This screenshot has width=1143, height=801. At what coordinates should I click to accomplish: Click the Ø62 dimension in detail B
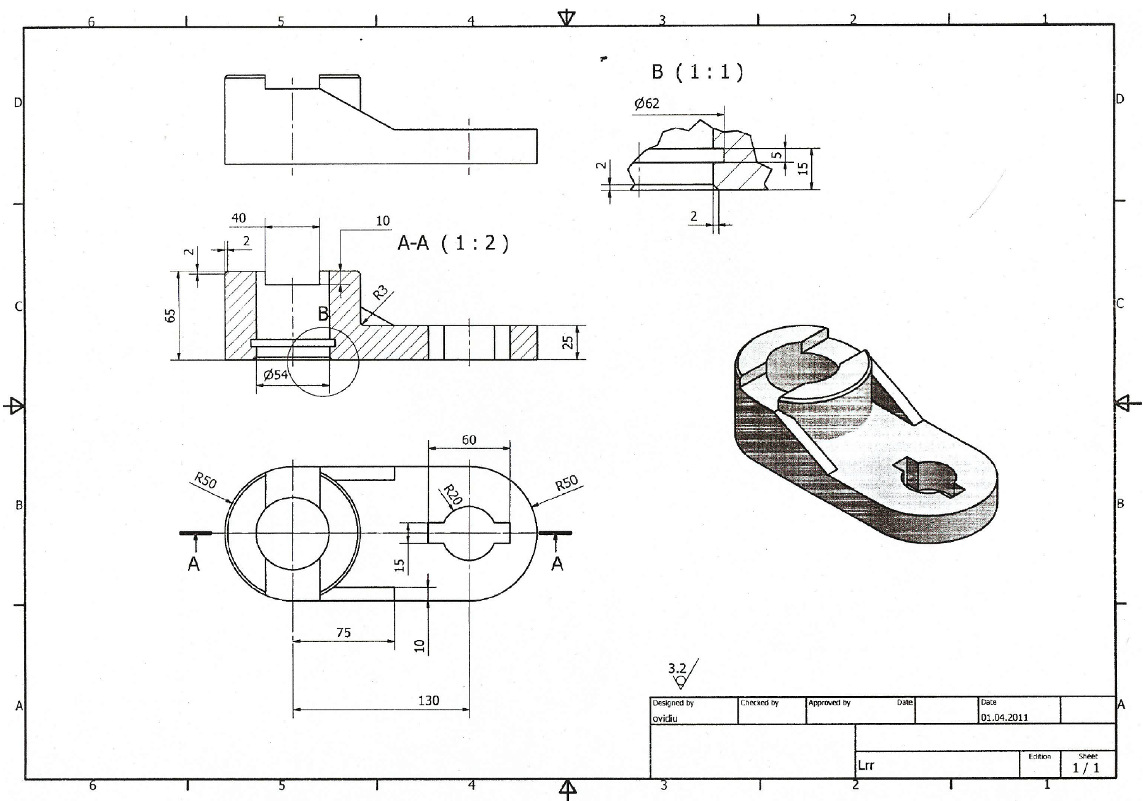pos(646,103)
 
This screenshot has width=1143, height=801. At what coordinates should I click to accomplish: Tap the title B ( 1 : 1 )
pos(697,72)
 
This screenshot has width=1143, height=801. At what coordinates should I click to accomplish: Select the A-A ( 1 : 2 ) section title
pos(454,244)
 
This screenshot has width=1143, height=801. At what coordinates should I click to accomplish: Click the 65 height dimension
pos(171,315)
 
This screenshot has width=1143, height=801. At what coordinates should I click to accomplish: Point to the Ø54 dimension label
pos(276,375)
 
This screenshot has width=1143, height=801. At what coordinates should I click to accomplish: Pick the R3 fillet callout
pos(381,292)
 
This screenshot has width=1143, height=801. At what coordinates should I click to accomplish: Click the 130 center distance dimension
pos(428,700)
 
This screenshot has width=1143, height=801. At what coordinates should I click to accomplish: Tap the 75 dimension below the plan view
pos(344,632)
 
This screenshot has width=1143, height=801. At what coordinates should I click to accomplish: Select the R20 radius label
pos(452,495)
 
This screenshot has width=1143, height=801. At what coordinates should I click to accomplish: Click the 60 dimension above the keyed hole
pos(469,440)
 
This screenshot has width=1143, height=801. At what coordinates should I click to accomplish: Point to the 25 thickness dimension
pos(568,342)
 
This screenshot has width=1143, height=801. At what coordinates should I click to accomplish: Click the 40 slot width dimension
pos(238,218)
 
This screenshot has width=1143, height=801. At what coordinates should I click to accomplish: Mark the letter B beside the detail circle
pos(323,315)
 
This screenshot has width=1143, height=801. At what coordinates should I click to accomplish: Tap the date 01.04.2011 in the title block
pos(1004,717)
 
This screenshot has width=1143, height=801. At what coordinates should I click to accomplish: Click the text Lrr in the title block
pos(866,765)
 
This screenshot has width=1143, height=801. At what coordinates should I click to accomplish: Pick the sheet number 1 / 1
pos(1086,768)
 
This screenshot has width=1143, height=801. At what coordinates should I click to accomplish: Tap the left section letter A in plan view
pos(194,563)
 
